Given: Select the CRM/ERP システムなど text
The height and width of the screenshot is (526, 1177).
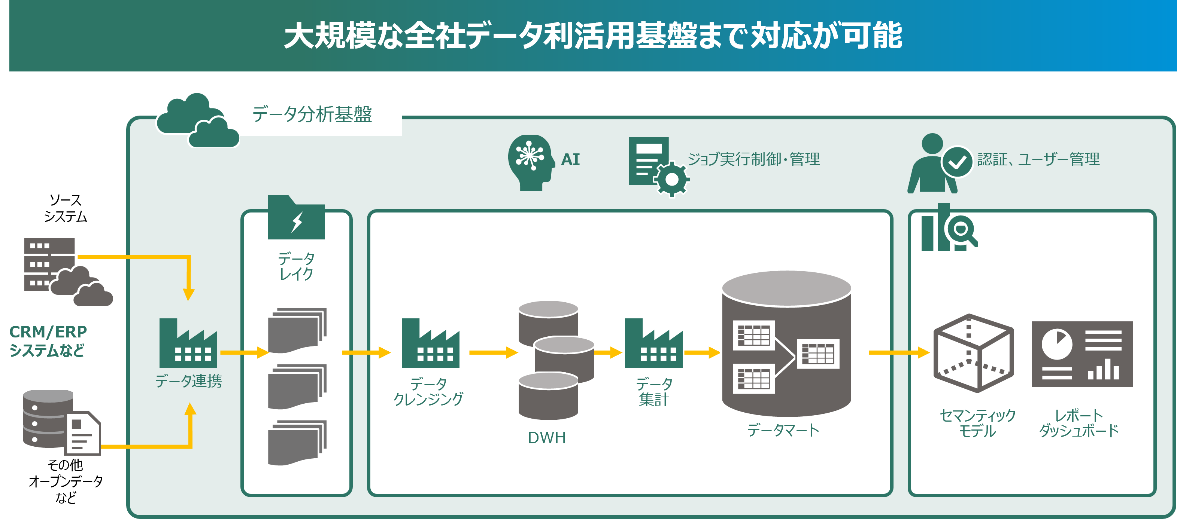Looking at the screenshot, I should point(48,340).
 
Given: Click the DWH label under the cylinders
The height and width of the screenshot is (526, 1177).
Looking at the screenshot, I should point(546,438).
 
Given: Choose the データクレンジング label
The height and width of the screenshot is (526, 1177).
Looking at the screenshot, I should point(428,392).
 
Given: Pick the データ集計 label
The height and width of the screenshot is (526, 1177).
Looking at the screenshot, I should point(654,392).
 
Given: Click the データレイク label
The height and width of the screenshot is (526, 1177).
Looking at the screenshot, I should point(296,266).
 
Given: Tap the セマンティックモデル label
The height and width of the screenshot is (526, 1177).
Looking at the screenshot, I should point(977,423).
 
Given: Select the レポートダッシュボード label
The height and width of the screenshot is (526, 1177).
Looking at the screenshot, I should point(1079,423).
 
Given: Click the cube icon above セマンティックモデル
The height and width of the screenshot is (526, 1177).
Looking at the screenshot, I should point(973,353).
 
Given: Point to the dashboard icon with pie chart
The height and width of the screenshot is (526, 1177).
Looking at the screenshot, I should point(1082,354).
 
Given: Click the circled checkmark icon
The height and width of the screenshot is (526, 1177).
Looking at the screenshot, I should point(957,162).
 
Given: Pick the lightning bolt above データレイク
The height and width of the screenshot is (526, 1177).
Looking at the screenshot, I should point(297,222).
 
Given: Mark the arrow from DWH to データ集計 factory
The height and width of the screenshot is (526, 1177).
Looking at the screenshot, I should point(608,352).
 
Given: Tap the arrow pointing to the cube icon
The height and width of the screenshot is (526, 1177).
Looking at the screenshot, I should point(899,352).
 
